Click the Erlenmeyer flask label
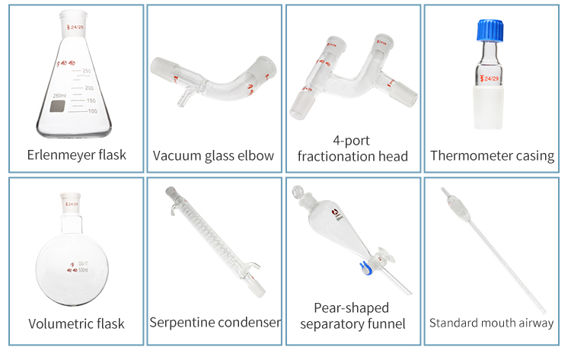click(x=75, y=155)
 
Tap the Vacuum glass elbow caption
click(x=213, y=156)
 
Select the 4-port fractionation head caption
click(x=352, y=148)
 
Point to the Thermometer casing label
click(x=492, y=156)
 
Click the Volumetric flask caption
click(x=75, y=323)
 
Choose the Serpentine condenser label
click(x=215, y=323)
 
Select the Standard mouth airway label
click(x=491, y=323)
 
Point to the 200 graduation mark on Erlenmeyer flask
click(x=90, y=88)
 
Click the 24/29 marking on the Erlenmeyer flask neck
click(x=77, y=29)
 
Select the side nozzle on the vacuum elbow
click(x=183, y=100)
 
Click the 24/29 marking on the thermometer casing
click(x=490, y=78)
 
